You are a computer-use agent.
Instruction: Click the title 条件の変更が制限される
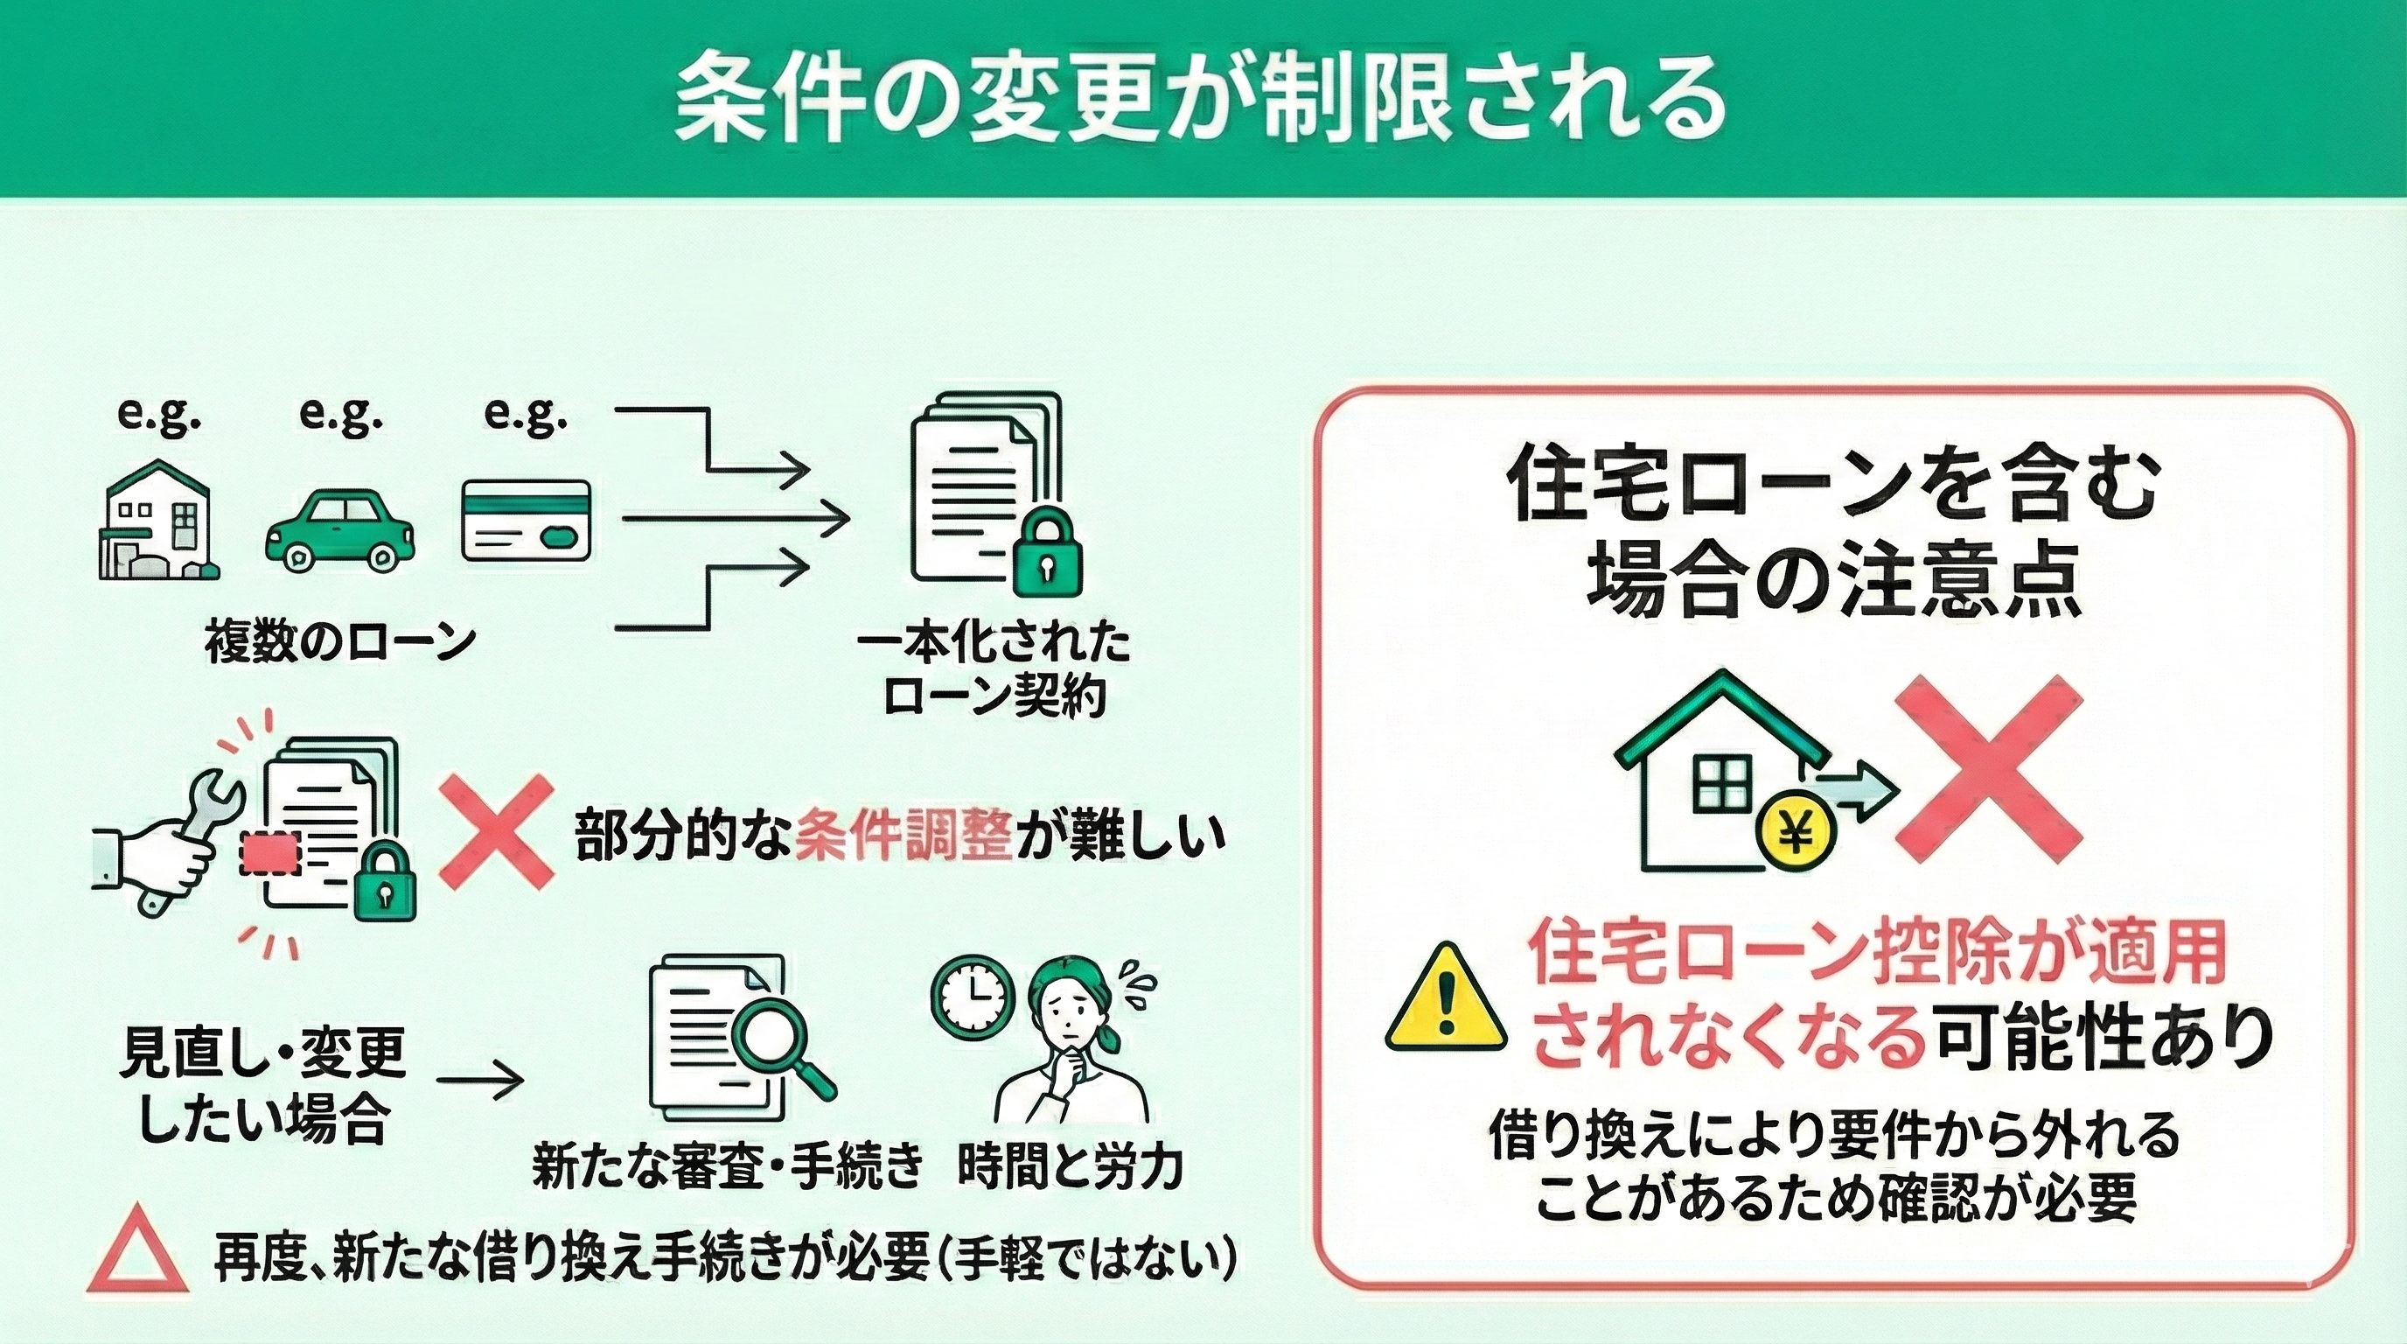tap(1200, 99)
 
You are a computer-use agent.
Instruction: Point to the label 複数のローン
tap(340, 643)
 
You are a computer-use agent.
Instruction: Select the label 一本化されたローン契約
tap(994, 671)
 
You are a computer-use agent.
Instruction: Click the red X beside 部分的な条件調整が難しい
tap(495, 830)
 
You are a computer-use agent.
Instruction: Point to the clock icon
tap(972, 990)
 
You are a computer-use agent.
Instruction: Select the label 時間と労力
tap(1071, 1166)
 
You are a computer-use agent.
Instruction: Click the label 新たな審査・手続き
tap(728, 1166)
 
